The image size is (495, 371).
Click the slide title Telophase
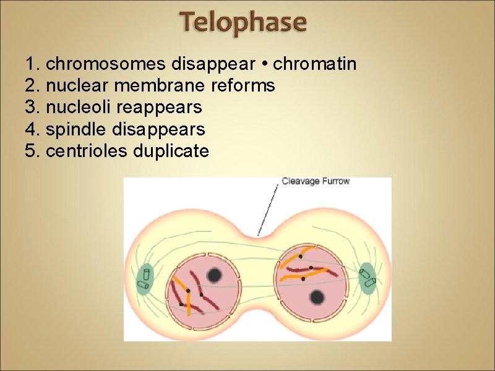click(x=243, y=23)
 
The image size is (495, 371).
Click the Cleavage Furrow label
click(x=316, y=182)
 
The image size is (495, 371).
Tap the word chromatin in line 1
click(x=315, y=64)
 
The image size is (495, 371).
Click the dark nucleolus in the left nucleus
click(x=215, y=275)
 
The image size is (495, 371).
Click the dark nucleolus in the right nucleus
click(x=317, y=297)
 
